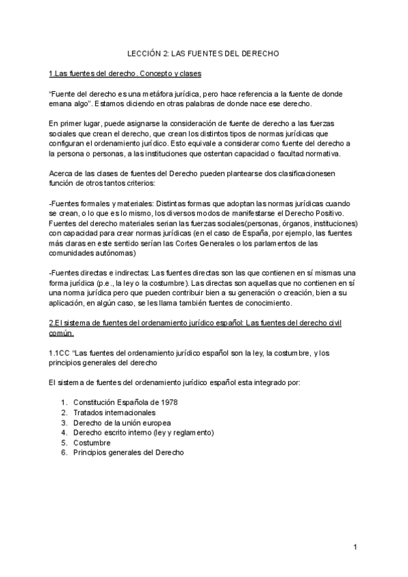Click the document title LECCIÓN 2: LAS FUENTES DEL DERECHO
pyautogui.click(x=204, y=52)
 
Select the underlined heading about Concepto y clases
pyautogui.click(x=124, y=73)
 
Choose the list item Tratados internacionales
pyautogui.click(x=114, y=412)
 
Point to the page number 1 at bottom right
pyautogui.click(x=355, y=548)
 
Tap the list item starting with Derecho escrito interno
pyautogui.click(x=143, y=432)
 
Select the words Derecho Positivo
pyautogui.click(x=307, y=213)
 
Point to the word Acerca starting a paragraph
pyautogui.click(x=61, y=174)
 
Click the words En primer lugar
pyautogui.click(x=74, y=123)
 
